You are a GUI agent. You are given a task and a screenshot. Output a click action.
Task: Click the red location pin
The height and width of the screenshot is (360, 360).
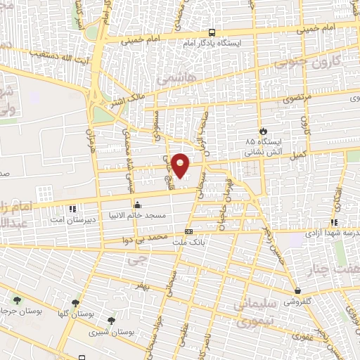[181, 165]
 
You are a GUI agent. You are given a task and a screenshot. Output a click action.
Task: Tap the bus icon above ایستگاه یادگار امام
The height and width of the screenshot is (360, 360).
[212, 32]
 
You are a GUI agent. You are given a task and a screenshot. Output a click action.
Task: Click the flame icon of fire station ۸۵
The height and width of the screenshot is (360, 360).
[264, 131]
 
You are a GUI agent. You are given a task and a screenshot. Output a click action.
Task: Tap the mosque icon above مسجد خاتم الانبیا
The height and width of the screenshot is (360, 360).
[137, 205]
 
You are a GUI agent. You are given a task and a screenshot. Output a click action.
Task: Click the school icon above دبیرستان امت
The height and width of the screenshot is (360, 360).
[72, 209]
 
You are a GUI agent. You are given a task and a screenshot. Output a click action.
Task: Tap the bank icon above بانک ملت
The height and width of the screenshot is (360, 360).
[188, 231]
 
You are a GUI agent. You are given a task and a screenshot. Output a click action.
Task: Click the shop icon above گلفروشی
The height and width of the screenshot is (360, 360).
[298, 290]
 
